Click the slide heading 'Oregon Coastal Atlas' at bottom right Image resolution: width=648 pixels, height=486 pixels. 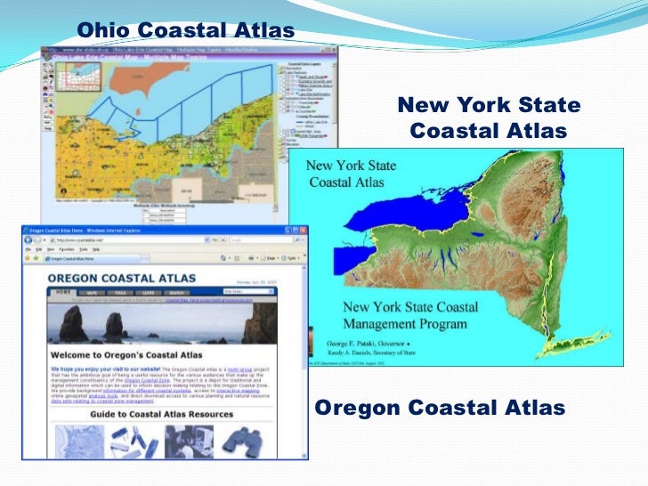click(441, 409)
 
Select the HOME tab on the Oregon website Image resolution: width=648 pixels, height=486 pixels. click(62, 291)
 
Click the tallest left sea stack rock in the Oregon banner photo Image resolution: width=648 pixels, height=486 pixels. click(71, 324)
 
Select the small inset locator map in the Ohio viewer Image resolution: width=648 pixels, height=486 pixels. click(66, 67)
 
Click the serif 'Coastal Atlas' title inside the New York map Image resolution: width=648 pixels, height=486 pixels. click(347, 182)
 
